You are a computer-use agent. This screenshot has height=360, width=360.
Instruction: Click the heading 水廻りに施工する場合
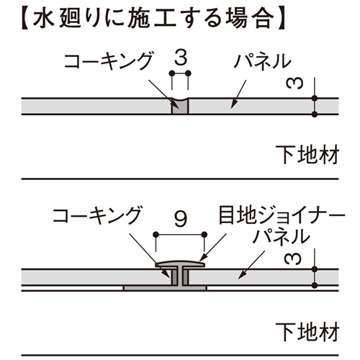[x=153, y=19]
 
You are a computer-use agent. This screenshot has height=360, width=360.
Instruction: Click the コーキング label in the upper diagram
[x=109, y=60]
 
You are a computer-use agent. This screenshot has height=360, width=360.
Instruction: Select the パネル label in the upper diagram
[x=263, y=62]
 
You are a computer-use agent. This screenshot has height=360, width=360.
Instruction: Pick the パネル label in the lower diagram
[x=282, y=237]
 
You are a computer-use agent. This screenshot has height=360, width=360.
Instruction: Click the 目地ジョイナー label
[x=282, y=215]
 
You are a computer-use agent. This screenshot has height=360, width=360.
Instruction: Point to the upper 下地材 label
[x=307, y=154]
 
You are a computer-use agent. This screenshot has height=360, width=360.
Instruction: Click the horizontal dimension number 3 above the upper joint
[x=181, y=58]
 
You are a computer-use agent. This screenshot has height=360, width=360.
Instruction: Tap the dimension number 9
[x=181, y=219]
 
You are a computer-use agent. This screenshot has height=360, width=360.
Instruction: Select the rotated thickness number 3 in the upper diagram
[x=294, y=84]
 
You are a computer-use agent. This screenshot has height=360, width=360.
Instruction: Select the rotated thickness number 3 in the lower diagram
[x=292, y=259]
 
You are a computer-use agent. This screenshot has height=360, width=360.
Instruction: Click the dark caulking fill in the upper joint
[x=180, y=107]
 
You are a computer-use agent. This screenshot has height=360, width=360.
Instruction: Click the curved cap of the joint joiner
[x=180, y=264]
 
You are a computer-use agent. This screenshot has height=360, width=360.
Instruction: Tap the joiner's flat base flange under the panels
[x=165, y=288]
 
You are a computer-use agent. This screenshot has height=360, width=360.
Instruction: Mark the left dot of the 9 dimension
[x=156, y=235]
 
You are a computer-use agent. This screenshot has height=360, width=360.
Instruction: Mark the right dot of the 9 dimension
[x=204, y=235]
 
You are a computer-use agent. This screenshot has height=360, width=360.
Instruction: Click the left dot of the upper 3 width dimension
[x=172, y=73]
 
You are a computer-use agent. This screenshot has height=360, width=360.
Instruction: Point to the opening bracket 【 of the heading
[x=26, y=19]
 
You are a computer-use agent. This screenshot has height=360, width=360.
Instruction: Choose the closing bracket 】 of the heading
[x=281, y=19]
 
